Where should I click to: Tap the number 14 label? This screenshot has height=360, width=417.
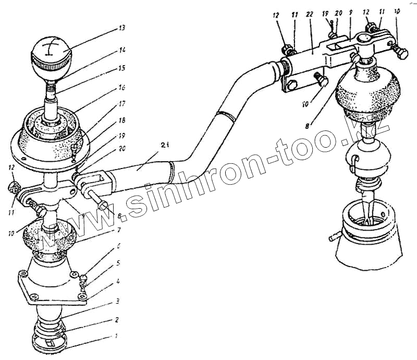(x=122, y=51)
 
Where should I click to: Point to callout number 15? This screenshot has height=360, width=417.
(x=122, y=67)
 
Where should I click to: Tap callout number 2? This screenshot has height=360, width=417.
(x=118, y=319)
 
